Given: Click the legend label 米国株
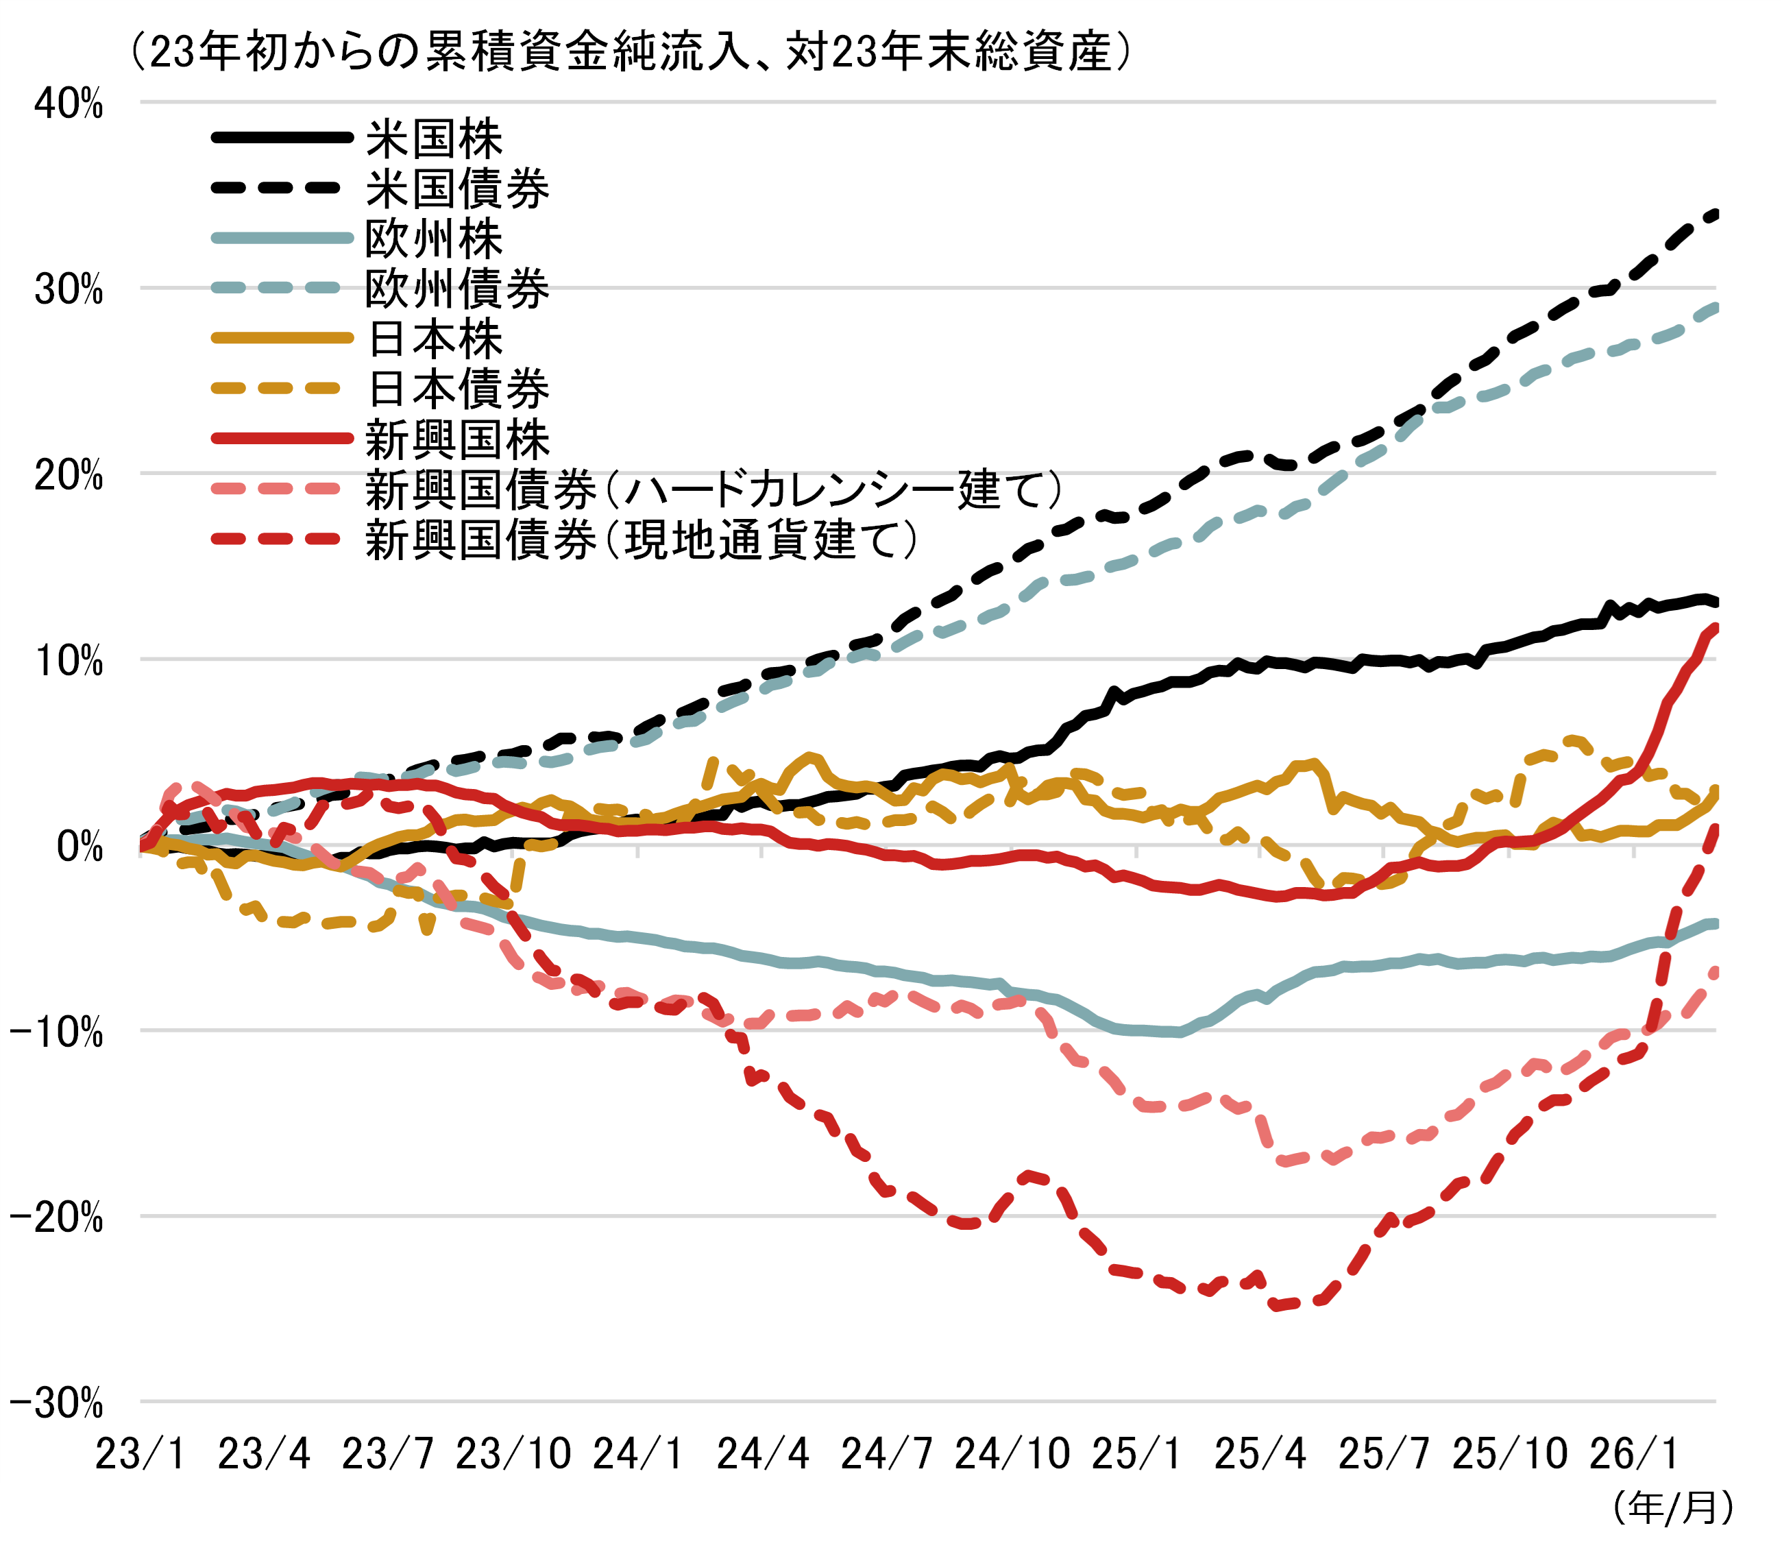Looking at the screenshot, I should tap(434, 138).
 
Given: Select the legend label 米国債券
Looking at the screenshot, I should tap(457, 189).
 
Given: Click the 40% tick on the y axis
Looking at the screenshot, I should tap(69, 104).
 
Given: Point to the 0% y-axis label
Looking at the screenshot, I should tap(80, 847).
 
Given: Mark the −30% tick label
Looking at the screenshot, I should tap(57, 1404).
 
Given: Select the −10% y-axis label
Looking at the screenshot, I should tap(57, 1032).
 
